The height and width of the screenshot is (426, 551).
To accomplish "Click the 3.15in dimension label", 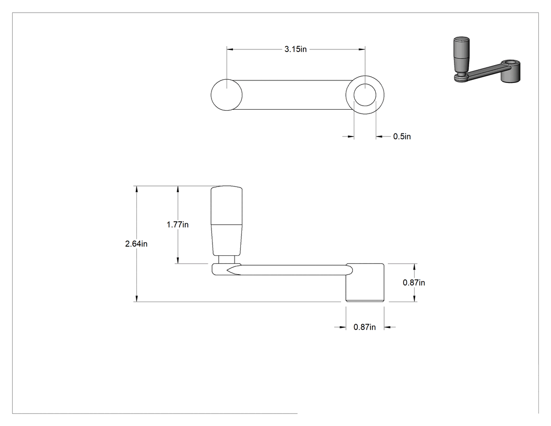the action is pos(295,49).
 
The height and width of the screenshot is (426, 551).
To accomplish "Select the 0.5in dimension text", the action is pos(402,137).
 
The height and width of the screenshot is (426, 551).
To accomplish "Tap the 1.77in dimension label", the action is pos(177,224).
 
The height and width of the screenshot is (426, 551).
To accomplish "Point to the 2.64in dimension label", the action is pos(136,243).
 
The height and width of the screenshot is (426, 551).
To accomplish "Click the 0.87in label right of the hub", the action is pos(414,283).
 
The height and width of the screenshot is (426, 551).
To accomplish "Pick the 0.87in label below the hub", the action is pos(365,327).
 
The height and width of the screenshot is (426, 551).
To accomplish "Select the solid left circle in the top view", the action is pos(227,95).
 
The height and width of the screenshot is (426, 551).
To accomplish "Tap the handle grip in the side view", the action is pos(227,221).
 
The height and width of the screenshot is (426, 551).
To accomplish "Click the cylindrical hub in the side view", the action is pos(365,283).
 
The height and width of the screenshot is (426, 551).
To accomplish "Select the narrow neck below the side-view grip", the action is pos(227,259).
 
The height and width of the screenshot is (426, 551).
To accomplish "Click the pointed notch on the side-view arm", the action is pos(234,270).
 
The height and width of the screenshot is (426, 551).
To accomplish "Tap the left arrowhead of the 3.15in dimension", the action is pos(230,49).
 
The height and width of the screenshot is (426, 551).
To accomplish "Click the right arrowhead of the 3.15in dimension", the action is pos(362,49).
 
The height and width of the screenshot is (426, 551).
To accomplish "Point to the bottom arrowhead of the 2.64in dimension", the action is pos(136,298).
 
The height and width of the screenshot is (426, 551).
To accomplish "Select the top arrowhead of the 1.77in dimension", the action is pos(178,189).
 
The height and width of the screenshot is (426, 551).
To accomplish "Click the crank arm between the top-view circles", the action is pos(294,95).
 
